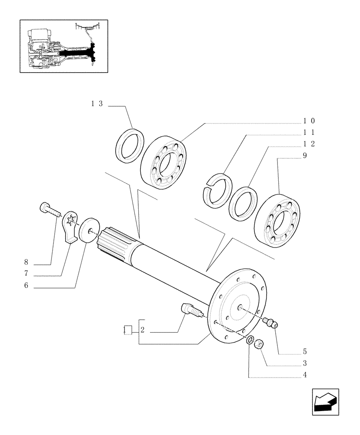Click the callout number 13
97,104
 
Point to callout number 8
27,263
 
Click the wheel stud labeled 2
191,311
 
